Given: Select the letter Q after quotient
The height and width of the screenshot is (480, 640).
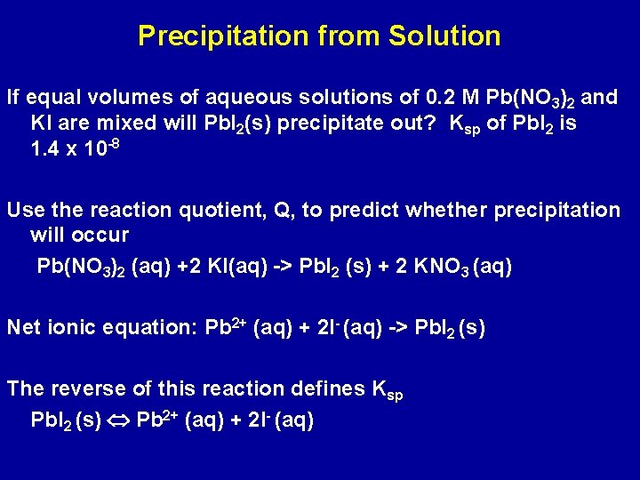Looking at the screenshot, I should [x=284, y=210].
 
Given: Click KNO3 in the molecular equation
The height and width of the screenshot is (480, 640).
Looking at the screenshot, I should [x=442, y=267].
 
